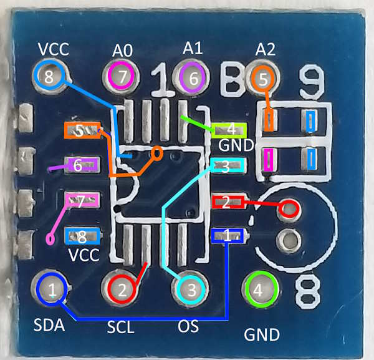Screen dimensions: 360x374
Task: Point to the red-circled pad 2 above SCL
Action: (x=122, y=289)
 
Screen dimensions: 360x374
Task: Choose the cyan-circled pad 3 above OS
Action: (x=192, y=289)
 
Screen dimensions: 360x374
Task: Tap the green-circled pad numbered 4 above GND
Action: (x=262, y=289)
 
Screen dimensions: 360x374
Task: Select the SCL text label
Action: (x=121, y=327)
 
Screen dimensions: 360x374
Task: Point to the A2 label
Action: (x=266, y=49)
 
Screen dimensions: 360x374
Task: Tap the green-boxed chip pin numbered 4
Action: (x=229, y=129)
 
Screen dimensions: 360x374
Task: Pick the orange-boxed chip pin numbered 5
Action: (x=82, y=130)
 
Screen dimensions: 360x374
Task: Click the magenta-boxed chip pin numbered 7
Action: (x=82, y=200)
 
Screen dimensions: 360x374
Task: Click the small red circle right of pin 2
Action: (x=289, y=208)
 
